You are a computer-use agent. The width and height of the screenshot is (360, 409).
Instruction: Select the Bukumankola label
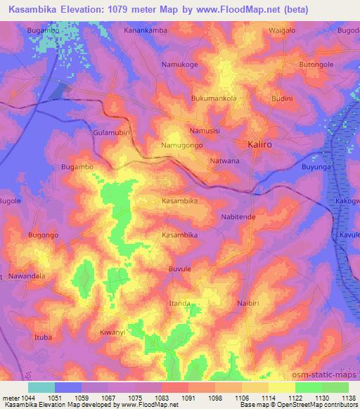tap(214, 98)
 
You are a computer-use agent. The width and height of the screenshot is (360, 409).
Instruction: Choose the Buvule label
tap(179, 268)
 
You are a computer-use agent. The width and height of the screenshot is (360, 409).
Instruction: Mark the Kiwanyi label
tap(112, 332)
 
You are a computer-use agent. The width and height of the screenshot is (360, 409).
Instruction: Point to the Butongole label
tap(316, 64)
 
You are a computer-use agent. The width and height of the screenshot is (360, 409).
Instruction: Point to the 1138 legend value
tap(345, 396)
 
